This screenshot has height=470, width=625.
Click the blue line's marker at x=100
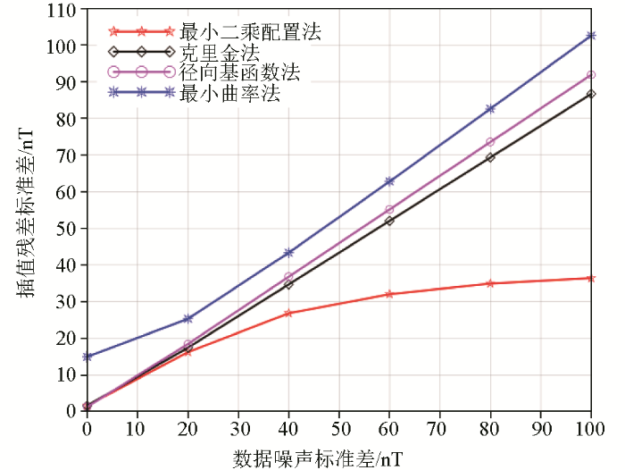(x=591, y=36)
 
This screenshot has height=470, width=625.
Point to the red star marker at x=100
(x=591, y=278)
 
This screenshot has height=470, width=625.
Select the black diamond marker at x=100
(x=591, y=94)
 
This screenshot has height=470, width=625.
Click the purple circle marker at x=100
(x=591, y=75)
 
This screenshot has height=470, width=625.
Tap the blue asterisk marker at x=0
(x=87, y=357)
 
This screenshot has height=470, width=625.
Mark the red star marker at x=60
(x=389, y=294)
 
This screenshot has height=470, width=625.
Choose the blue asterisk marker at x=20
(x=187, y=319)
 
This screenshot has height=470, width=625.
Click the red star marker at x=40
(x=288, y=313)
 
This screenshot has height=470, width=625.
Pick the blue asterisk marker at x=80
(x=490, y=109)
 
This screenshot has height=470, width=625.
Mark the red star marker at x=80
(x=490, y=283)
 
